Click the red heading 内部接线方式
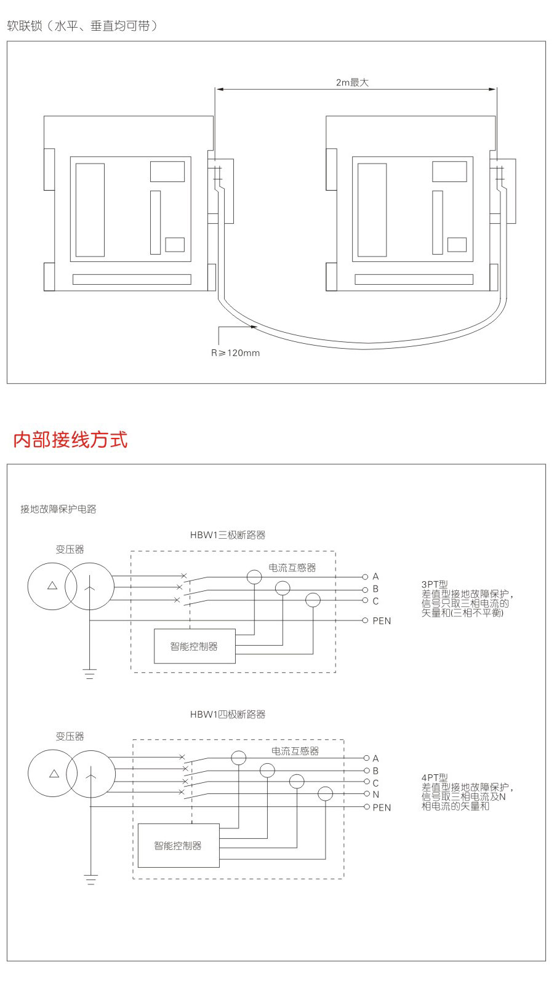[x=70, y=440]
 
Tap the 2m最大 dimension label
[x=352, y=82]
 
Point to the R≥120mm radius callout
[x=235, y=353]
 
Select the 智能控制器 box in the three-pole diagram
[x=195, y=646]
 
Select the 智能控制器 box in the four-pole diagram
[x=178, y=846]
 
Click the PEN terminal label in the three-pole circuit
[x=382, y=621]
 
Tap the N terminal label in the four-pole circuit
[x=376, y=795]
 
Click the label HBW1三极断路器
[x=228, y=536]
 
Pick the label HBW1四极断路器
[x=228, y=715]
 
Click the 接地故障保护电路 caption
[x=58, y=509]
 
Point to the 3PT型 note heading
[x=435, y=584]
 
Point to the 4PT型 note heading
[x=435, y=777]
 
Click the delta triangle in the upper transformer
[x=52, y=585]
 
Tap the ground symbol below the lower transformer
[x=91, y=880]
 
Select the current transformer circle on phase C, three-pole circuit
[x=313, y=600]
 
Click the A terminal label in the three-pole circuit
[x=375, y=577]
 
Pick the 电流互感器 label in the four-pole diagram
[x=295, y=752]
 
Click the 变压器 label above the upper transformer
[x=70, y=550]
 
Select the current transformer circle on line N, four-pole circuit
[x=325, y=794]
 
